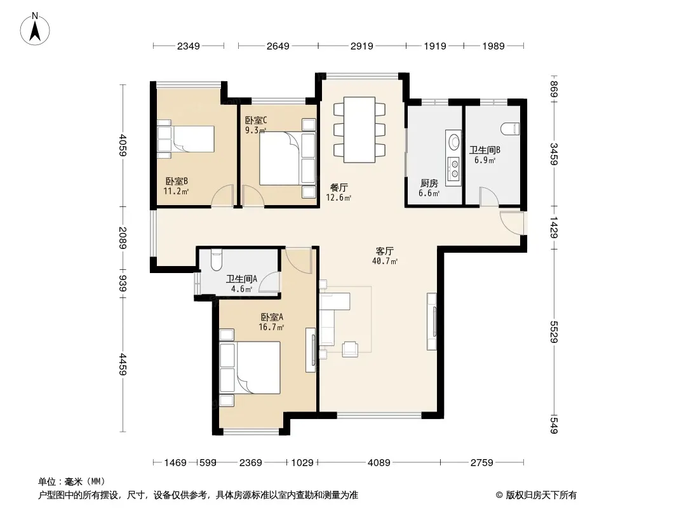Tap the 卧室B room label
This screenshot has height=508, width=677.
pos(177,181)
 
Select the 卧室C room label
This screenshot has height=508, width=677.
pos(255,120)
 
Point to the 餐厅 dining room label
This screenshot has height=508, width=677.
pos(339,188)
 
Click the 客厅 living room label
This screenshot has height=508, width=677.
pos(385,251)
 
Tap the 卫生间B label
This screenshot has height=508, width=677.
pos(485,150)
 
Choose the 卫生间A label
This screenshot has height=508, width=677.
pos(242,279)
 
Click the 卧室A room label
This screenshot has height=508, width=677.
pos(272,317)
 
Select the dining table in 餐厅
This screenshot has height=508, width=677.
pos(359,130)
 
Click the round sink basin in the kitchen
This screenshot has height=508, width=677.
pos(454,141)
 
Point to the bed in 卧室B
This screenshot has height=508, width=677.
pos(185,139)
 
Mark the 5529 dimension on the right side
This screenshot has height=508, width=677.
pos(554,331)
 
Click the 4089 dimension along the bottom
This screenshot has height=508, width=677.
pos(379,463)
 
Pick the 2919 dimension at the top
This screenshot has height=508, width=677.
pos(362,46)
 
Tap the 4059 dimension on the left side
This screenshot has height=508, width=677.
pos(123,145)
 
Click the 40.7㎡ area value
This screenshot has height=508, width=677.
pos(384,261)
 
